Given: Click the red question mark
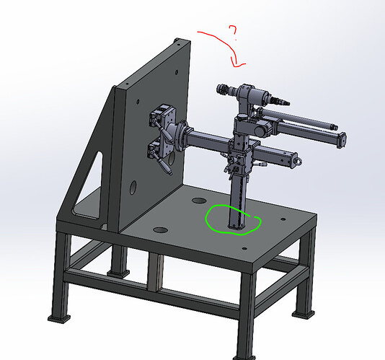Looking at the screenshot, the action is click(x=234, y=31).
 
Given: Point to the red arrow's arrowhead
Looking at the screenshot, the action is click(x=237, y=63).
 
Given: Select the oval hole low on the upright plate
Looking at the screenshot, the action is click(x=133, y=188).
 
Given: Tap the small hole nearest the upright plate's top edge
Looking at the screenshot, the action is click(x=179, y=45).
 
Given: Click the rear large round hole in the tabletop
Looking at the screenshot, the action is click(x=199, y=201).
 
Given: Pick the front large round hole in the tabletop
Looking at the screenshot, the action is click(x=160, y=230).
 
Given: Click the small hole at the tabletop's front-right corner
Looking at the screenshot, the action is click(x=244, y=249).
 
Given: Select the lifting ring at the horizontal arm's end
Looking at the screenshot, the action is click(x=298, y=161).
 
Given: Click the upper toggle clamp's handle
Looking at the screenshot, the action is click(x=163, y=132).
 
